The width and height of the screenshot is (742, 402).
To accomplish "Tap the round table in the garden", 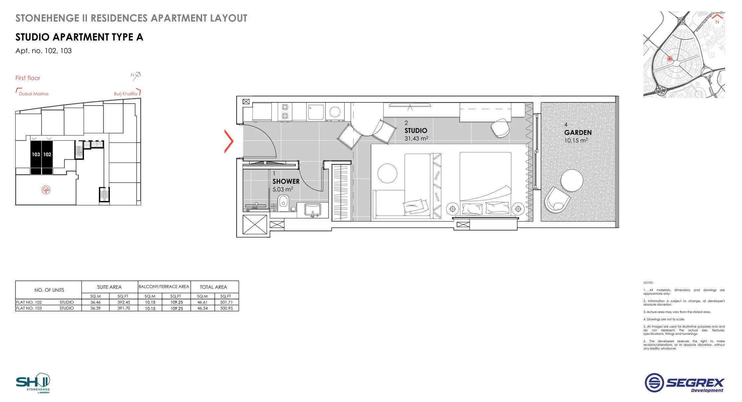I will click(x=572, y=181).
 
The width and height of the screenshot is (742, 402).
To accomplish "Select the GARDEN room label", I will click(x=578, y=133).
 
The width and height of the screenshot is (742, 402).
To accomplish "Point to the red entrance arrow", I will click(x=229, y=141).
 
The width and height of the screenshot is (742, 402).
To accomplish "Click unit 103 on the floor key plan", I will click(x=36, y=154).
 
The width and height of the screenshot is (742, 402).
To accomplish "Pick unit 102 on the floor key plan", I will click(x=47, y=154).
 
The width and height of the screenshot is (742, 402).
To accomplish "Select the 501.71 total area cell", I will click(x=226, y=302).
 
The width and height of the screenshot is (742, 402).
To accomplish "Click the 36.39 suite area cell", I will click(x=96, y=308).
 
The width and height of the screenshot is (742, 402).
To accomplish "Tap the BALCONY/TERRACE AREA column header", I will click(x=164, y=287).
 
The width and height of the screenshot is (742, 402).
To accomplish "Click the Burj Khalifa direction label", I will click(x=125, y=94).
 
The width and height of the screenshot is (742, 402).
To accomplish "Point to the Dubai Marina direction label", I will click(x=34, y=94).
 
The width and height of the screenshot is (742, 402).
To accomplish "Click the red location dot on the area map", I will click(x=670, y=59).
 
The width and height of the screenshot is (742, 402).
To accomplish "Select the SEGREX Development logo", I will click(x=685, y=382).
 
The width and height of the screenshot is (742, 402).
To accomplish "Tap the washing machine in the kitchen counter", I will click(x=334, y=112).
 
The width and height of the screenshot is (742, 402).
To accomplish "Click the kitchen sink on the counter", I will click(x=316, y=112).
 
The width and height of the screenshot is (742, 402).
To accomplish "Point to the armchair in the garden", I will click(x=557, y=199).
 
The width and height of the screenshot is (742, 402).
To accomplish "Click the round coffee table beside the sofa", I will click(x=387, y=173).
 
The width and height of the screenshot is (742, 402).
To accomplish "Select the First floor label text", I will click(x=28, y=78).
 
